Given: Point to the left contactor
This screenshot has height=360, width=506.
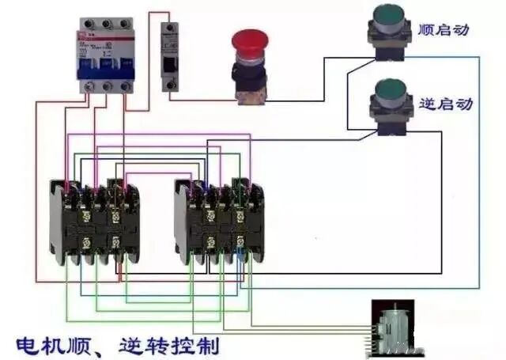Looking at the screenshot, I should tap(93, 222).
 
